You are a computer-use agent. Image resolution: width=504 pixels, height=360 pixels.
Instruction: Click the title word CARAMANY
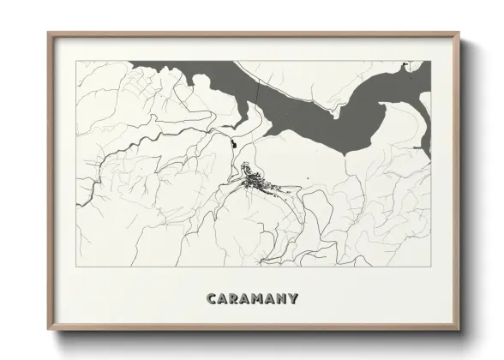252,298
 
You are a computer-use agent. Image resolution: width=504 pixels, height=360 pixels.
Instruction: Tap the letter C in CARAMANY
211,298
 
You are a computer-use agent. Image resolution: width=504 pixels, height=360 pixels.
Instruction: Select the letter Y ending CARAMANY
294,298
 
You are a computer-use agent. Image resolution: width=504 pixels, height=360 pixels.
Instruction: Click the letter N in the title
282,298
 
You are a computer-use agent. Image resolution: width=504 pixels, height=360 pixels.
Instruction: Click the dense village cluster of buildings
255,181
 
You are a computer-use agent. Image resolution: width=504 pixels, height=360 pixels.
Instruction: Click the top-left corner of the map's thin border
77,61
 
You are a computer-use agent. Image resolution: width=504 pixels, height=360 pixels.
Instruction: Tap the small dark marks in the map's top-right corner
419,64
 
